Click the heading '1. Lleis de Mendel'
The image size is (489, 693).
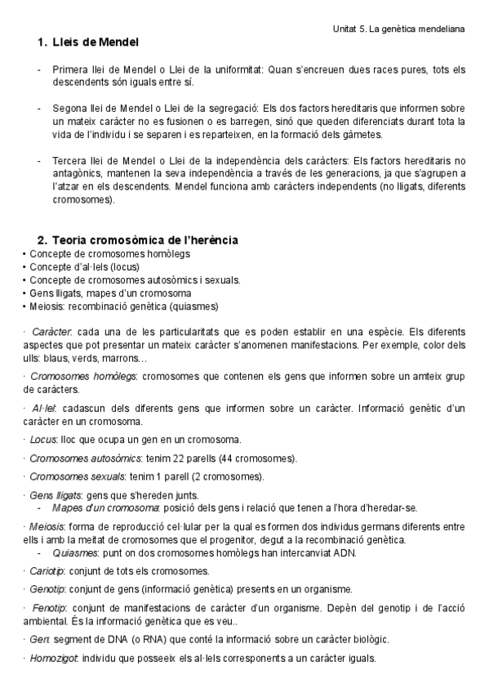(88, 42)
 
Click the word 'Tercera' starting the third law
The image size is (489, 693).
(70, 162)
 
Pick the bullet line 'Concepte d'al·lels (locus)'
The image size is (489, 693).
(84, 266)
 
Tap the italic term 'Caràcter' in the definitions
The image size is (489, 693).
(52, 333)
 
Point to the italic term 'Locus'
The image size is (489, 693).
(42, 440)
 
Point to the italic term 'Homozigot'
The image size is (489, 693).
(54, 658)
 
